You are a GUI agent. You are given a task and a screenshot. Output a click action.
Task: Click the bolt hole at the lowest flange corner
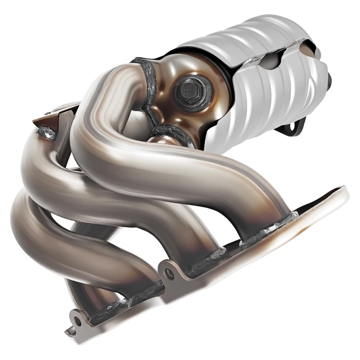[78, 320]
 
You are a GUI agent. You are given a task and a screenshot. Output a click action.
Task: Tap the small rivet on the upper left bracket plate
[48, 112]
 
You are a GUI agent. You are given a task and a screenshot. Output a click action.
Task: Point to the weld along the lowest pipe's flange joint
[112, 311]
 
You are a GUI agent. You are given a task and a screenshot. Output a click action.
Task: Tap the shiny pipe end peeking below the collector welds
[157, 141]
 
